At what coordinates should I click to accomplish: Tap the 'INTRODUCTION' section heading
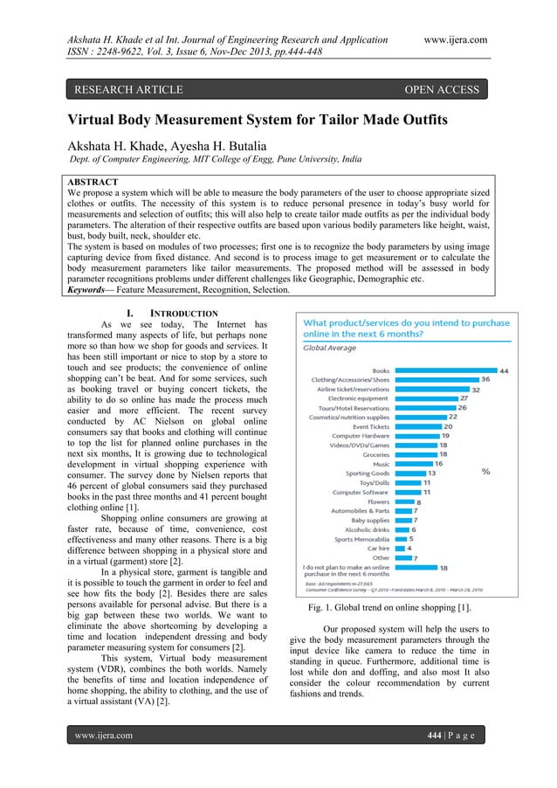tap(184, 312)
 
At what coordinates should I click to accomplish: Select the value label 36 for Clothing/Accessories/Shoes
tap(485, 380)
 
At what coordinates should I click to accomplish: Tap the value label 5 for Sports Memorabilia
tap(411, 538)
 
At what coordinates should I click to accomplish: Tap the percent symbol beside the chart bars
tap(485, 472)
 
